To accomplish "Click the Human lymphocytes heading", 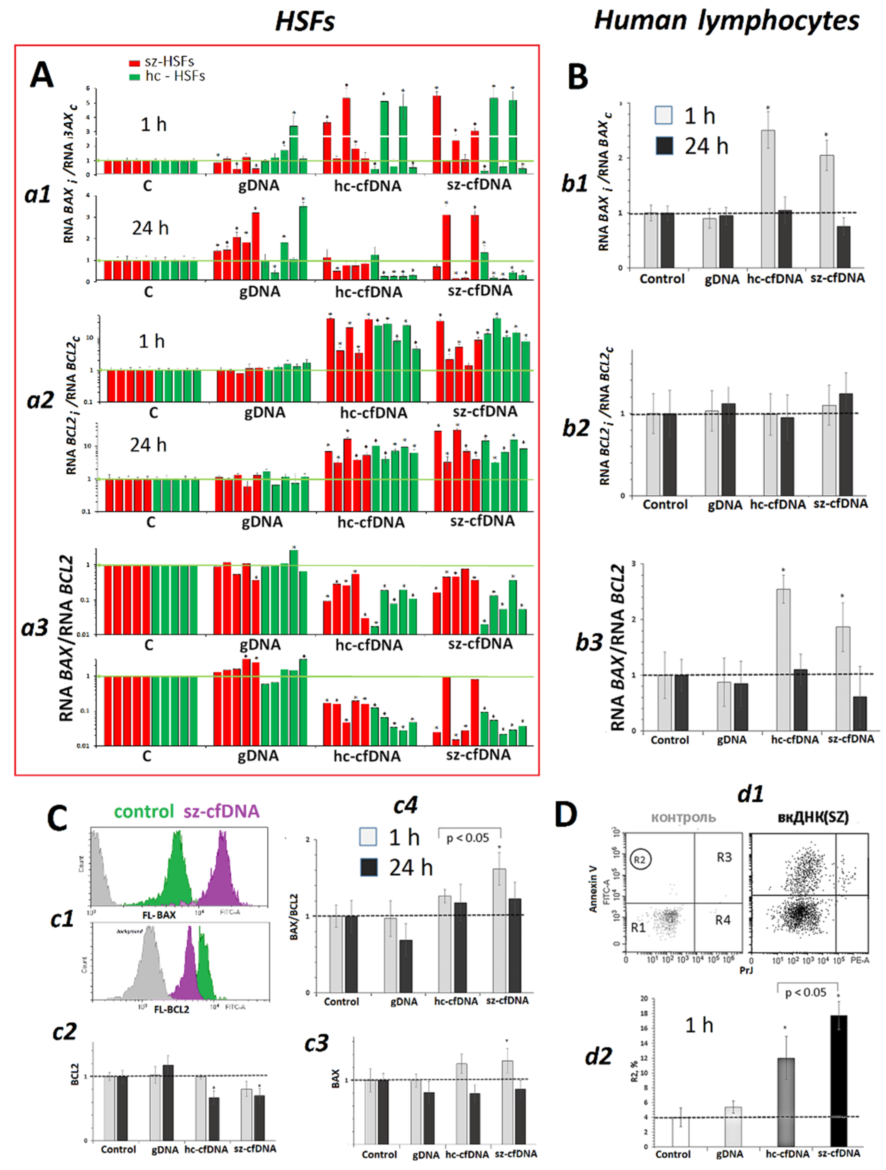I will pos(726,21).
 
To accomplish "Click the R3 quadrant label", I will pos(724,857).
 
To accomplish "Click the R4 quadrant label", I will pos(723,920).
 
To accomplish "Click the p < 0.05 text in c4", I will pos(468,838).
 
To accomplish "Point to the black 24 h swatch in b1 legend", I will pos(664,145).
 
